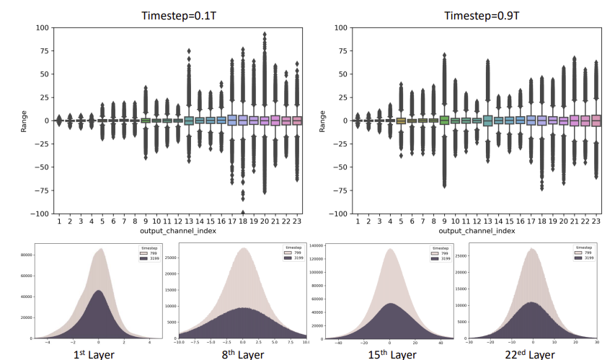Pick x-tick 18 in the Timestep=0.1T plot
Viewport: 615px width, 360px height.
[244, 221]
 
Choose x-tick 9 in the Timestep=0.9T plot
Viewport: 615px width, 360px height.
[445, 221]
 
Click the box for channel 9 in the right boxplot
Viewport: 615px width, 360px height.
[445, 120]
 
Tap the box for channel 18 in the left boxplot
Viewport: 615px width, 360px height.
[244, 120]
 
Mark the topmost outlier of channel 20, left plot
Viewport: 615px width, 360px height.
[265, 34]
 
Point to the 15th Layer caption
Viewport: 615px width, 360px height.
[391, 354]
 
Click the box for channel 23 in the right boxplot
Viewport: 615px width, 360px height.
[596, 120]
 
